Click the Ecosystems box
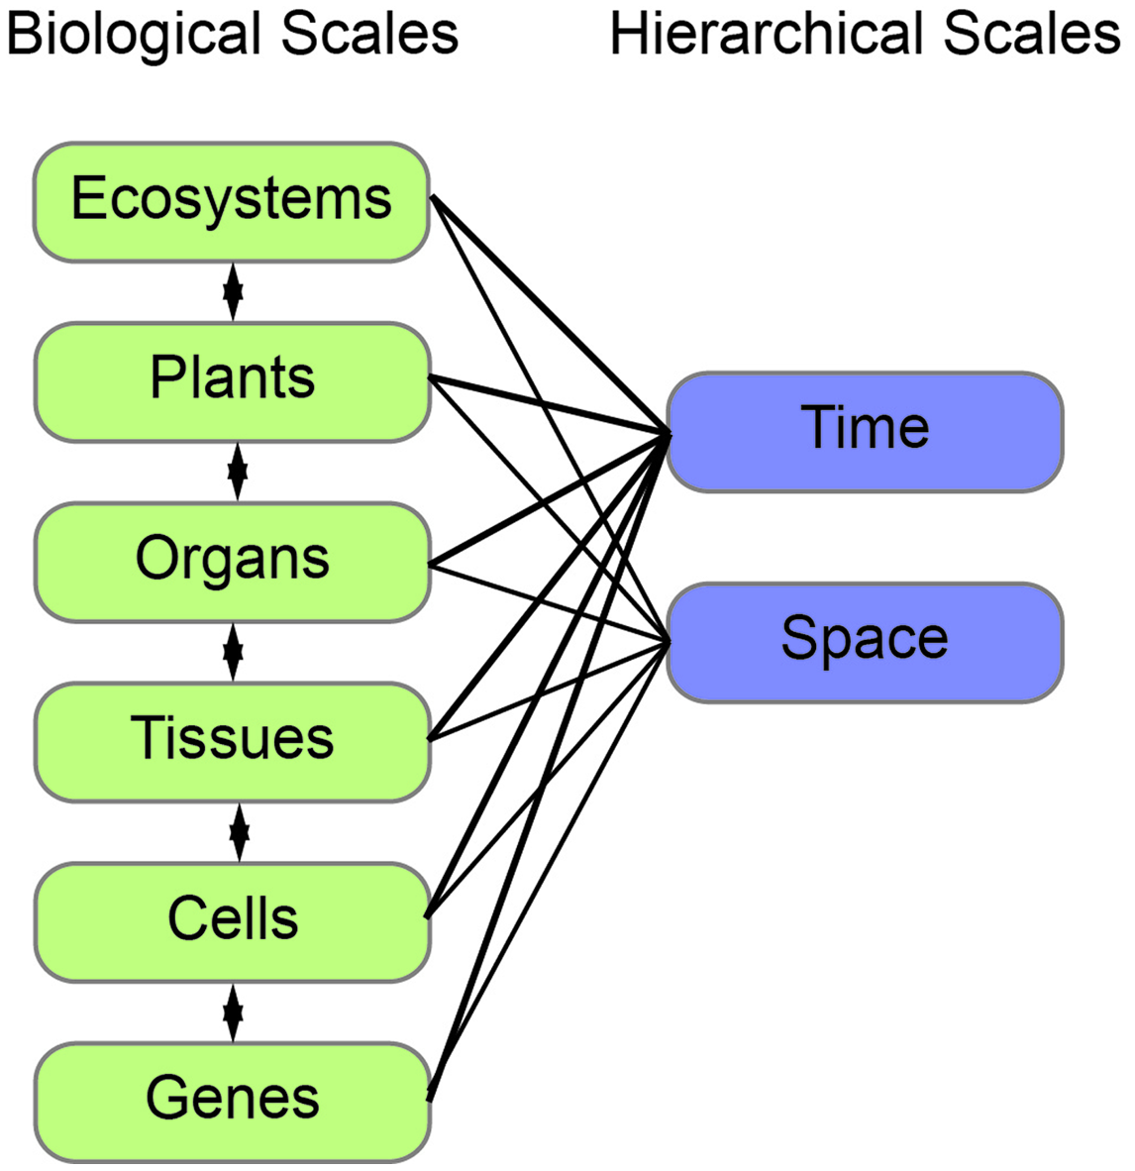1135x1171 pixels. coord(232,202)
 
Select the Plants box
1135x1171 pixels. coord(232,381)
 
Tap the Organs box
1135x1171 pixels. coord(232,562)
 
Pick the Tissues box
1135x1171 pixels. coord(232,741)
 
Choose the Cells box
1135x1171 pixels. coord(232,921)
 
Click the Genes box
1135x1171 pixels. coord(232,1101)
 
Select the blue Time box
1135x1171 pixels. coord(865,431)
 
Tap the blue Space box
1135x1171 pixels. coord(865,642)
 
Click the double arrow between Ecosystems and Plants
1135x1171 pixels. coord(233,291)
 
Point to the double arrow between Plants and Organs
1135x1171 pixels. coord(237,472)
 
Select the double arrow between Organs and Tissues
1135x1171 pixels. coord(233,652)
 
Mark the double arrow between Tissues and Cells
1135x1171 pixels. coord(239,832)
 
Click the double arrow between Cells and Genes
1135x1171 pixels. coord(233,1011)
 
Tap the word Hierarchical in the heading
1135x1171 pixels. coord(768,35)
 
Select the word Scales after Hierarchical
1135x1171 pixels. coord(1031,35)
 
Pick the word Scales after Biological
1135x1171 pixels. coord(369,35)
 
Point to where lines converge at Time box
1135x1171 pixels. coord(669,433)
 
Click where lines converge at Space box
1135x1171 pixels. coord(669,642)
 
